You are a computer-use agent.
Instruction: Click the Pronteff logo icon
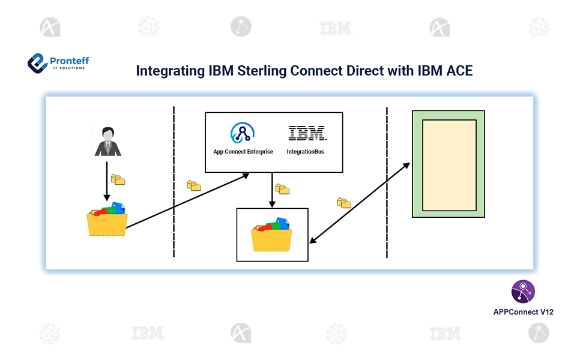coord(38,62)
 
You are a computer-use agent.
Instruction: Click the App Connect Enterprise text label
coord(243,152)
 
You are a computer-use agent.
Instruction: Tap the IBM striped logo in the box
coord(306,133)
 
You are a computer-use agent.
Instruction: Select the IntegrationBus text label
coord(306,152)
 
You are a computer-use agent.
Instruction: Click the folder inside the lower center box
coord(272,235)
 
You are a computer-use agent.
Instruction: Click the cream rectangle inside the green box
coord(449,165)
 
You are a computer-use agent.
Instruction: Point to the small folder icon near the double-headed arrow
coord(344,203)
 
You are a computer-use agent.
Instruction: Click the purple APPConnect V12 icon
coord(523,292)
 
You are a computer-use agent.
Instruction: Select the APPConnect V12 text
coord(522,311)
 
